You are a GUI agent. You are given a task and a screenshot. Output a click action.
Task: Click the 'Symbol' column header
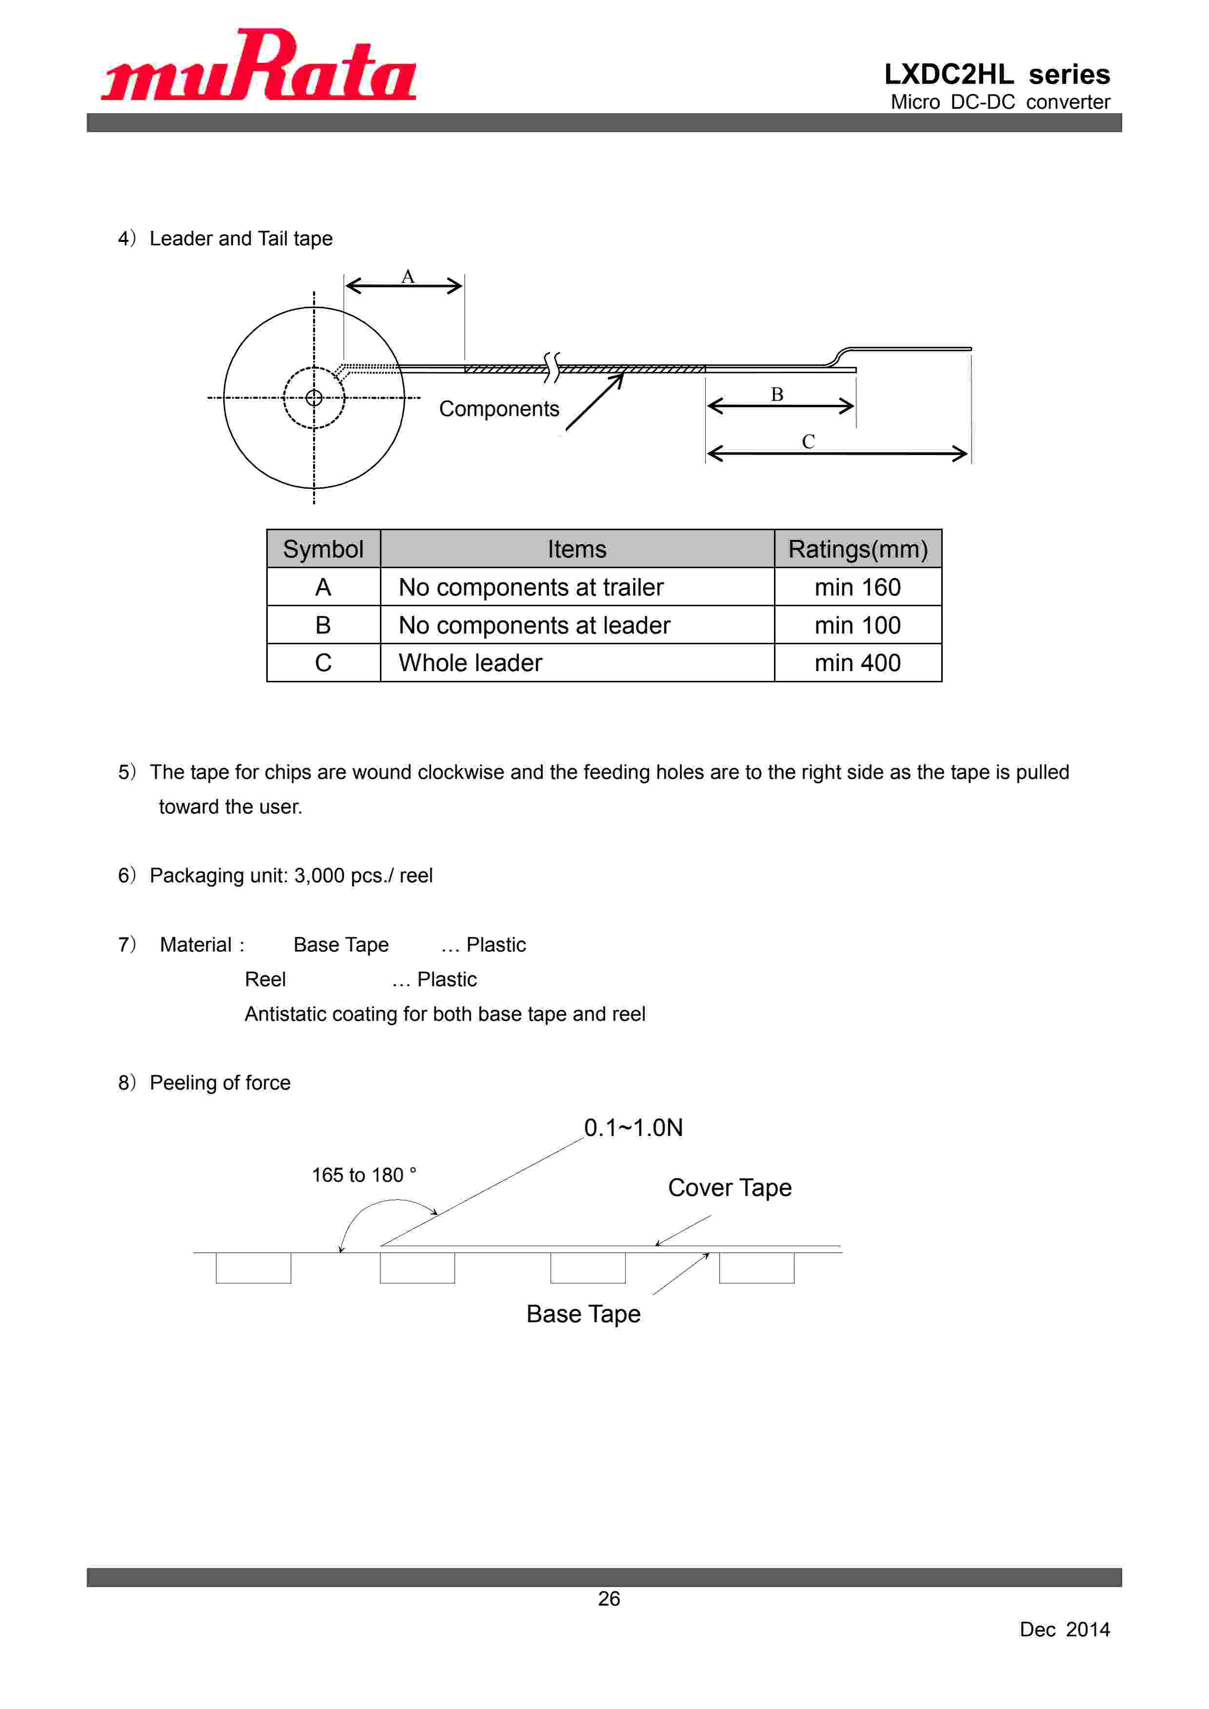tap(323, 549)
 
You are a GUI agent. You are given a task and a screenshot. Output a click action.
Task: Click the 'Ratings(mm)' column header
tap(858, 549)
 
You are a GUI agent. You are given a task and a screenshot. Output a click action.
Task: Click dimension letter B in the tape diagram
tap(776, 395)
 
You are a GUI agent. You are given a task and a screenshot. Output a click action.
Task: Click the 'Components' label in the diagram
tap(499, 409)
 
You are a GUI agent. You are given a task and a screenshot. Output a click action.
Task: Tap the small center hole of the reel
tap(314, 397)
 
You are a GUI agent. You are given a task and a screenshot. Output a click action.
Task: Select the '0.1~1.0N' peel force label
tap(633, 1128)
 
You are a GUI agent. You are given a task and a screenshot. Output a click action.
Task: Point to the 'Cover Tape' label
tap(730, 1187)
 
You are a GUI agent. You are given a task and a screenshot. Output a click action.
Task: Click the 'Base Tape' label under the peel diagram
tap(583, 1314)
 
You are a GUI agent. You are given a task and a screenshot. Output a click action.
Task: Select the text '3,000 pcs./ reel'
tap(363, 875)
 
